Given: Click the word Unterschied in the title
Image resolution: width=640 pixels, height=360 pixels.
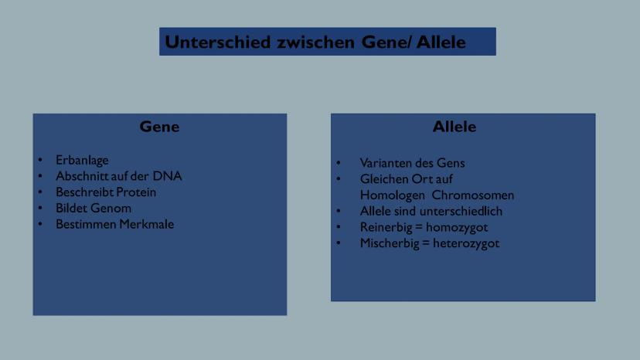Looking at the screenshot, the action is coord(217,42).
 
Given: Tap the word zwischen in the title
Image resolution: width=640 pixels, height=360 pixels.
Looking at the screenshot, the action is coord(315,42).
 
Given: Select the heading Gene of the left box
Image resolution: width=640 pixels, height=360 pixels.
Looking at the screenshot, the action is coord(159,127).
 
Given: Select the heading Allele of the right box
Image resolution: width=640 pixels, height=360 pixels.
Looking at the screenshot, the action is coord(454,127).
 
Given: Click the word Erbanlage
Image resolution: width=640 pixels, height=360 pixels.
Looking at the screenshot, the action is coord(82,161).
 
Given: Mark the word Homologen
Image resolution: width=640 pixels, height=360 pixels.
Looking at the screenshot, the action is coord(392,195).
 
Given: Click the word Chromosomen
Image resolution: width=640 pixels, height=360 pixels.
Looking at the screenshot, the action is coord(472,195).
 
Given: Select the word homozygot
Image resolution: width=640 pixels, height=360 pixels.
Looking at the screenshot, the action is coord(457,228).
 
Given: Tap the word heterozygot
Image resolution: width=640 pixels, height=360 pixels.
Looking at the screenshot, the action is coord(466,243).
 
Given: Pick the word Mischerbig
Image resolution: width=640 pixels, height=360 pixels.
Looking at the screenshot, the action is coord(390,243).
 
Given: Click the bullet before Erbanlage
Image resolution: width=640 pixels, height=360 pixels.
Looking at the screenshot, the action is coord(40,160).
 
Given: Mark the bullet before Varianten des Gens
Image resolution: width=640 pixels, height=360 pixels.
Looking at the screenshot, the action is coord(339,163).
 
